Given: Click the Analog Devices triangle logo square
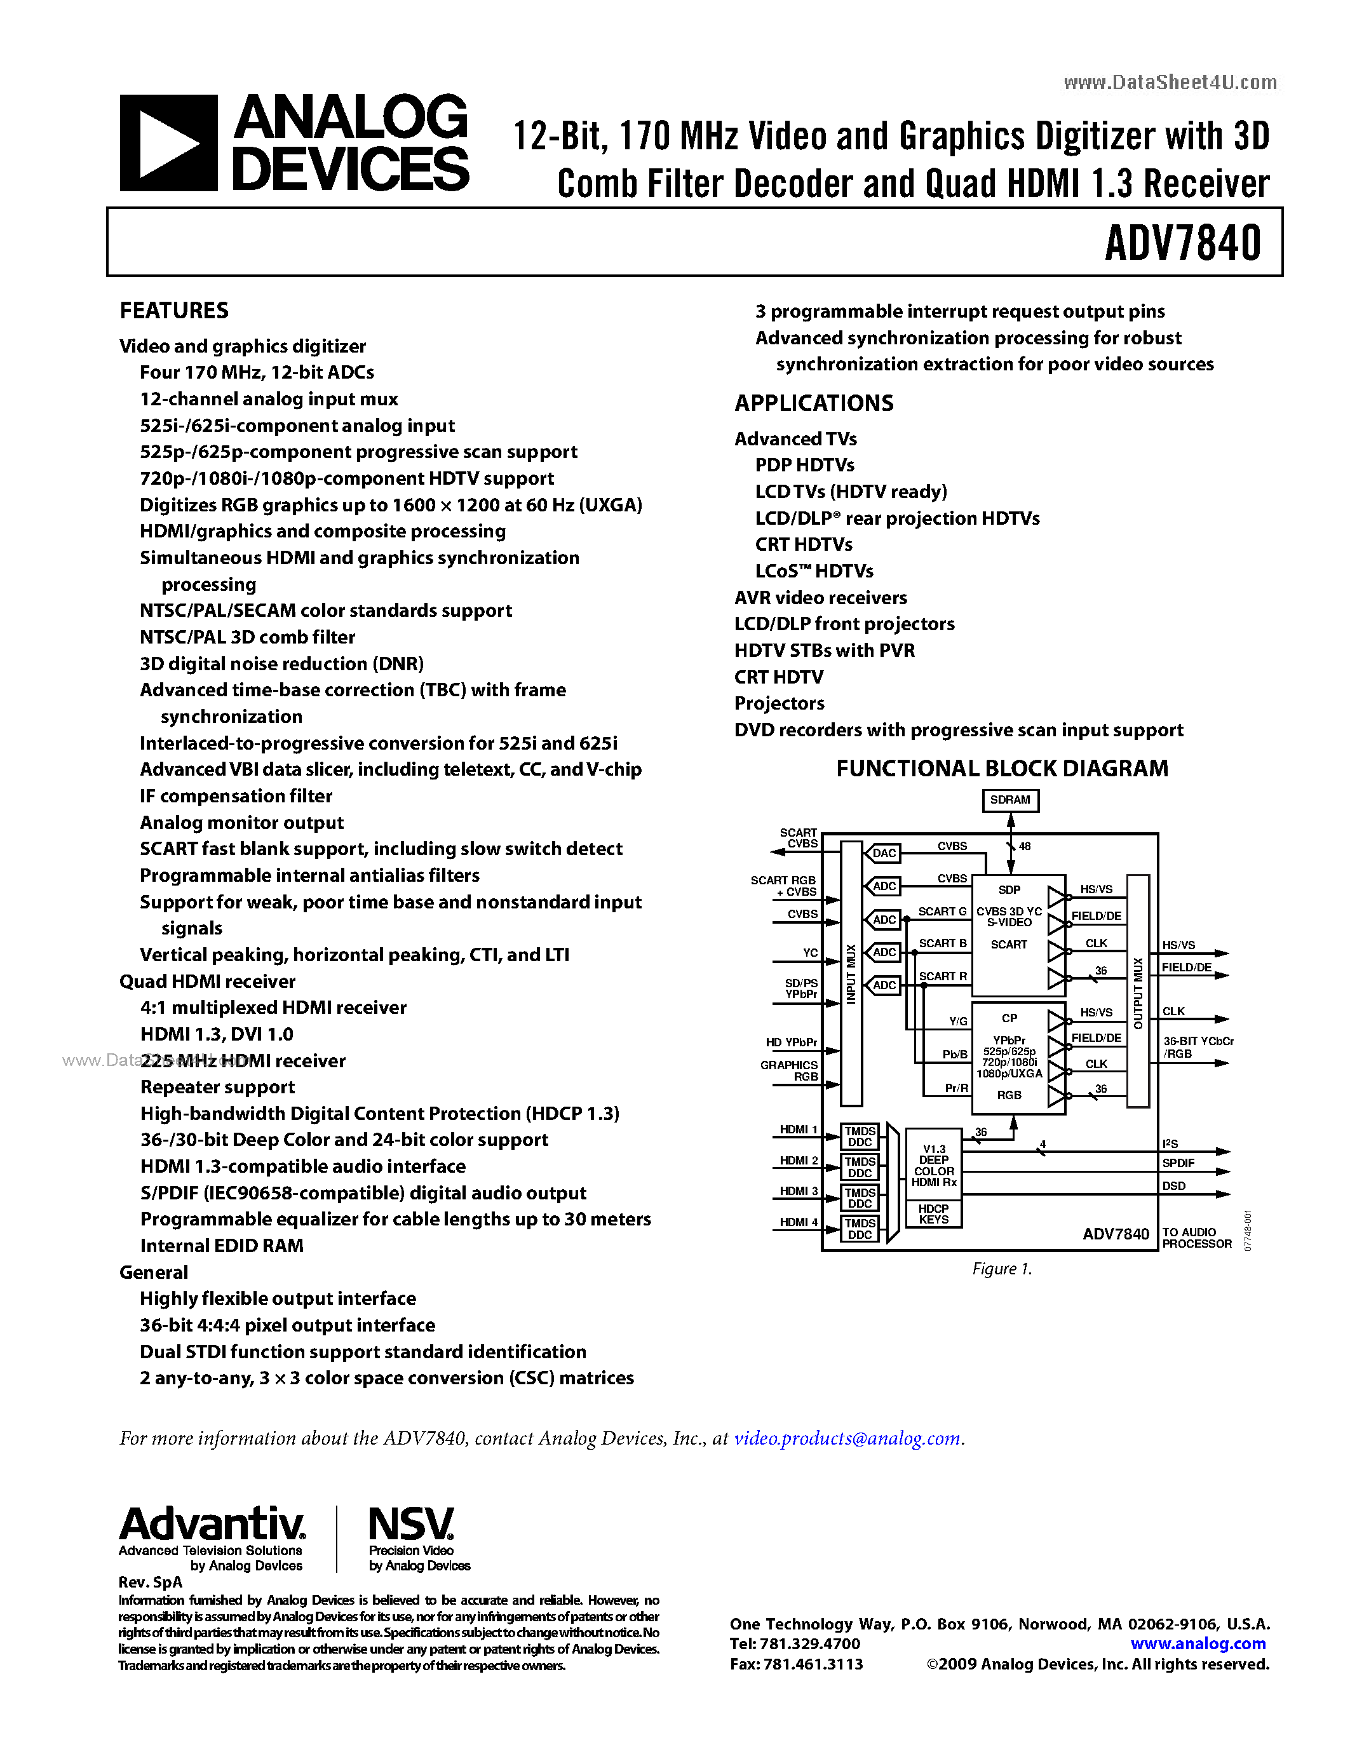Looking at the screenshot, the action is click(168, 143).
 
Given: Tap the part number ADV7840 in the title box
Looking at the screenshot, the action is click(1182, 243).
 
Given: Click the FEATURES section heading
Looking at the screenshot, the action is click(173, 311).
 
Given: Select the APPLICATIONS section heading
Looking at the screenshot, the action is click(813, 403).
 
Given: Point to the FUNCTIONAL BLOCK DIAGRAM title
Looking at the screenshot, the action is click(1001, 769).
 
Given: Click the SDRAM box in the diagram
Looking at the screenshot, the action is click(1010, 800).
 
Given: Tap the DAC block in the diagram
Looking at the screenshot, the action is click(884, 853).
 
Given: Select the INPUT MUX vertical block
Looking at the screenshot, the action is click(851, 973).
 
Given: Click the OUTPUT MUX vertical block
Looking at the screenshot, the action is click(1138, 992).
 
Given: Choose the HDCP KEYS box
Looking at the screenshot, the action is click(933, 1214).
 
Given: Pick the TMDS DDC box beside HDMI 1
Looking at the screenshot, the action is click(860, 1137).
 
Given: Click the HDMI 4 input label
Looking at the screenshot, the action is click(798, 1222).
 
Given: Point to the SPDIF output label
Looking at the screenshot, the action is click(1178, 1163).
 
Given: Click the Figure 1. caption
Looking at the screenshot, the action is click(1001, 1269).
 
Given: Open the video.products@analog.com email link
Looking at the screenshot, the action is click(847, 1438).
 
